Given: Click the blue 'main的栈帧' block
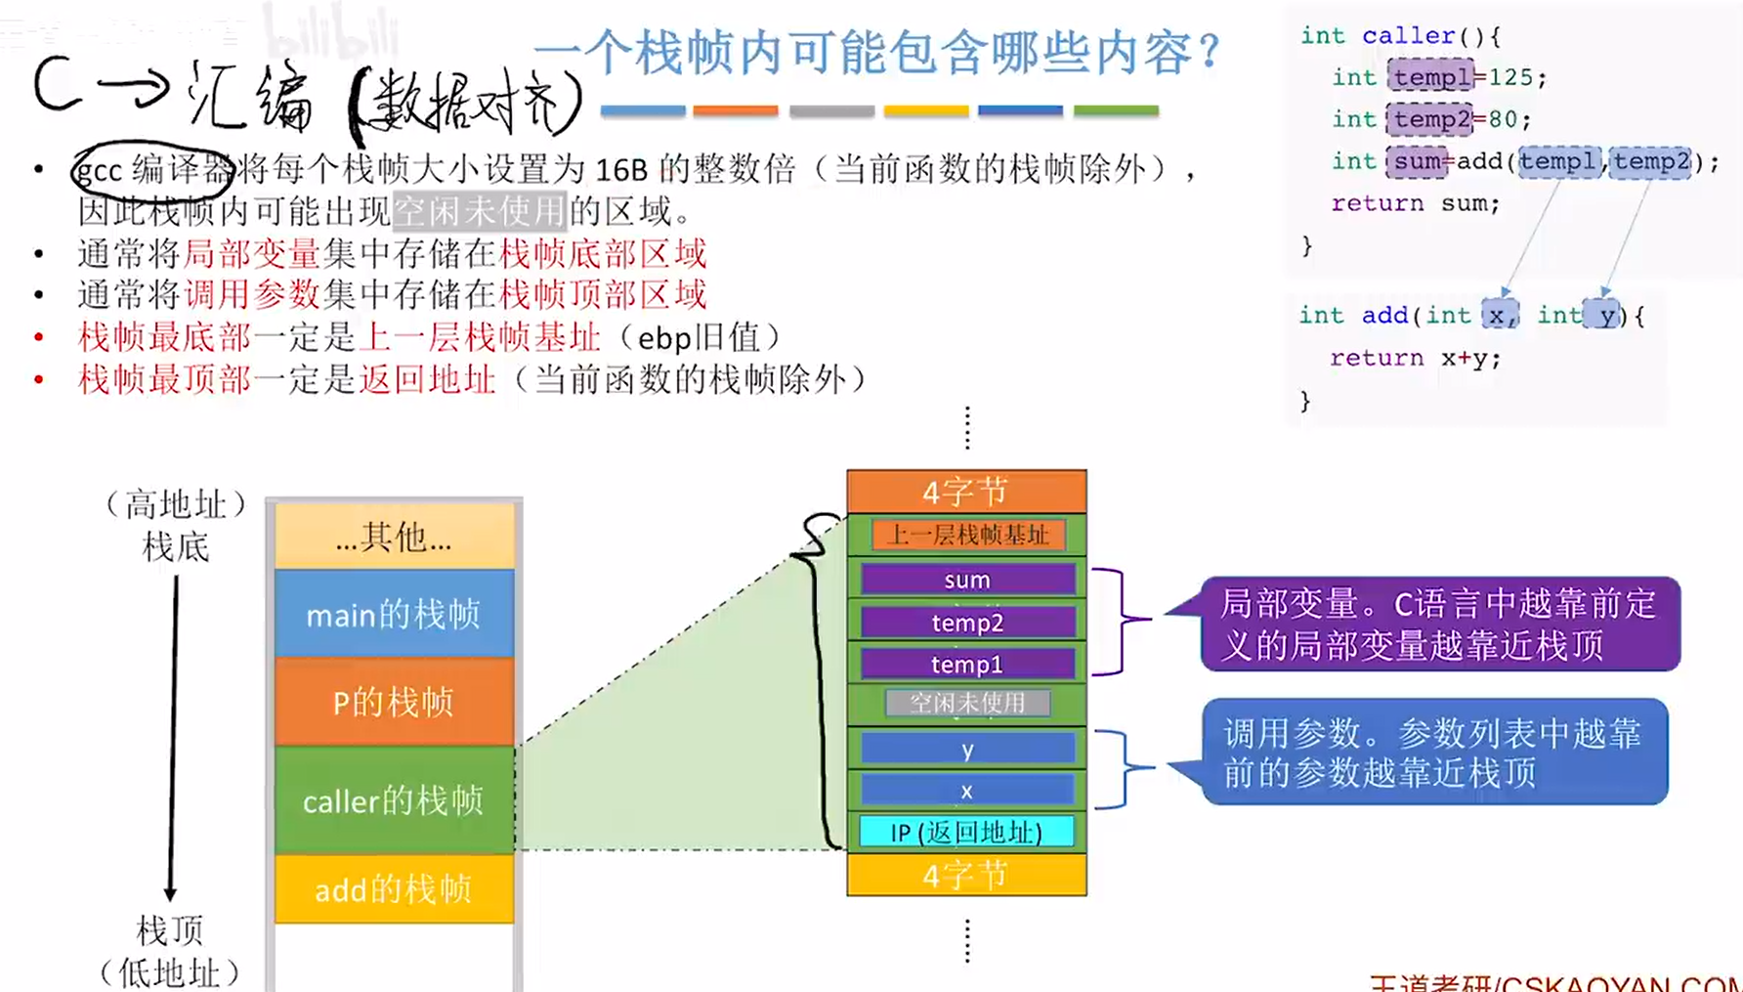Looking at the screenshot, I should click(x=394, y=614).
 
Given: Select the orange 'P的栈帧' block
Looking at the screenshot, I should click(x=394, y=702).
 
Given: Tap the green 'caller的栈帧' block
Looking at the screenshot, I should click(x=394, y=800).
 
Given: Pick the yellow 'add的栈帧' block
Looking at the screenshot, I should click(x=394, y=888).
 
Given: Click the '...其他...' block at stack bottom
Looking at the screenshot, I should click(x=394, y=536).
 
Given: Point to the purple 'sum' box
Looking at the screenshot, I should click(x=967, y=580).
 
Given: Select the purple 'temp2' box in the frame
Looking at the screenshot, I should click(x=967, y=622).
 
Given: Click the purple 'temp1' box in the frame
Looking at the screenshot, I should click(x=967, y=664).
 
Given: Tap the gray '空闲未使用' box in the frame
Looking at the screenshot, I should click(x=967, y=703).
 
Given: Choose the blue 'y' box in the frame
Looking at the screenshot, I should click(x=967, y=749).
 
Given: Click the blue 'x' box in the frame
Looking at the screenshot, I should click(x=967, y=790).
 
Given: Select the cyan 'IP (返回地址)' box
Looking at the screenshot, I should click(x=966, y=832).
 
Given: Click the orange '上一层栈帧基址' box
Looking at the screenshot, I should click(x=967, y=535).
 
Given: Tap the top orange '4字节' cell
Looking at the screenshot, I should click(x=966, y=492).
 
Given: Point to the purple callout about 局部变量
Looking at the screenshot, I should click(x=1439, y=624).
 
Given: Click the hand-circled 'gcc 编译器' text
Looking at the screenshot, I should click(x=152, y=170).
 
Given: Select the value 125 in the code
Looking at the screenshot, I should click(x=1510, y=77).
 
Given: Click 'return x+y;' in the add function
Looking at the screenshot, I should click(x=1415, y=358).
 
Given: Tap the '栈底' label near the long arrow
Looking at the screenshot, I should click(x=176, y=546).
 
